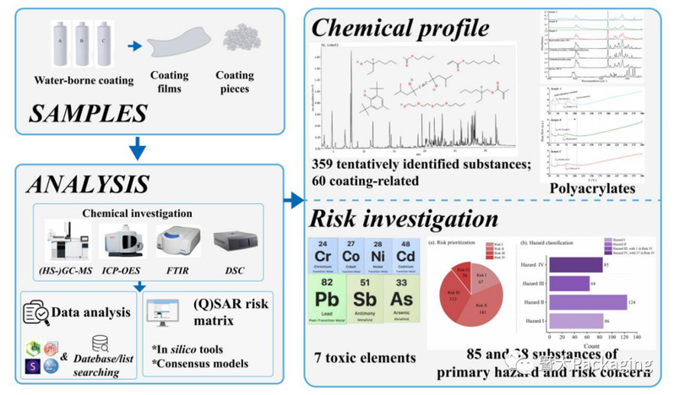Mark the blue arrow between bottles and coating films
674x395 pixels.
[133, 48]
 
